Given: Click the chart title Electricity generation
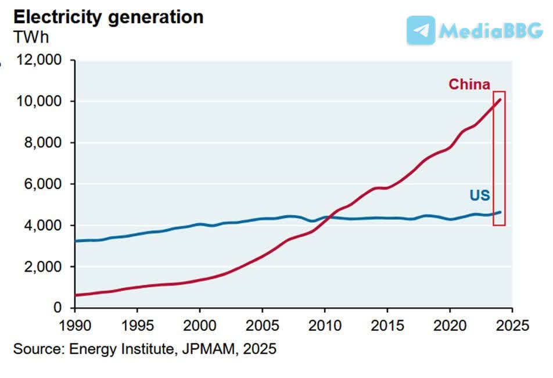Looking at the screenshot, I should [x=109, y=16].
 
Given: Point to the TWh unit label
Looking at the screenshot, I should [x=31, y=37].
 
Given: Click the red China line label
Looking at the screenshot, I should [x=469, y=84].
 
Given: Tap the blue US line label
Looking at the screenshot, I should [x=480, y=195].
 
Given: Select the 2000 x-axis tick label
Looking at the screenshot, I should [x=200, y=324].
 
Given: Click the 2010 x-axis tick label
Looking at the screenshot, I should [x=325, y=324].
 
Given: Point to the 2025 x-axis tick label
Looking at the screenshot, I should [x=512, y=324].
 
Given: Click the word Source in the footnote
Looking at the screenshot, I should [x=37, y=350].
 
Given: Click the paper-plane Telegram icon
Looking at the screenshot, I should [x=421, y=30].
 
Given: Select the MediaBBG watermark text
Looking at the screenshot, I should [x=491, y=31].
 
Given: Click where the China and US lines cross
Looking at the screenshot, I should [x=327, y=217].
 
